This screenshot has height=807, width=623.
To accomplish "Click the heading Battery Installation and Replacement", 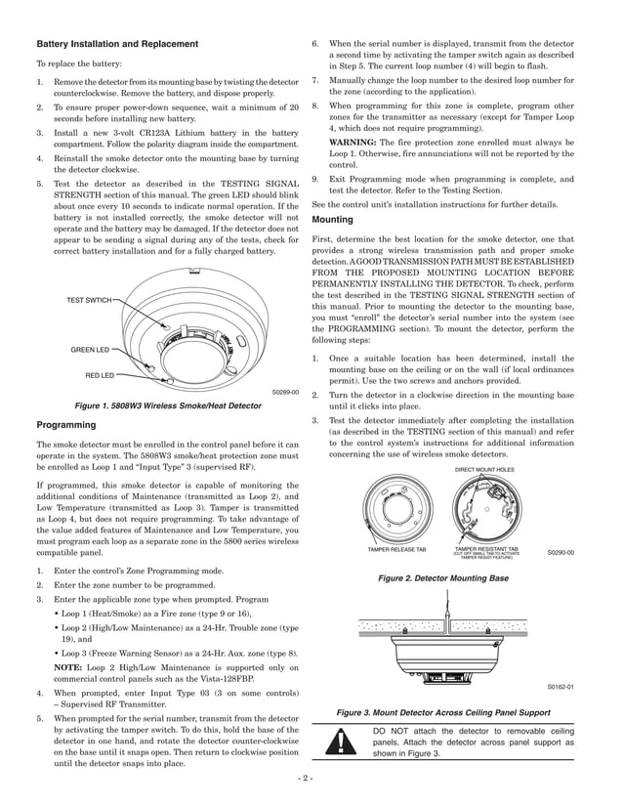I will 117,44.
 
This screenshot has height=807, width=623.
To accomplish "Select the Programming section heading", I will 66,425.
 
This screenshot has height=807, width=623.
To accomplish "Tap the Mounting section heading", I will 333,220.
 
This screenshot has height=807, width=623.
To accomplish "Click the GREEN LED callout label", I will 89,349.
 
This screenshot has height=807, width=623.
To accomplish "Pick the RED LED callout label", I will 99,374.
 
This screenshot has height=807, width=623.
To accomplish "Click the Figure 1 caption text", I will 167,405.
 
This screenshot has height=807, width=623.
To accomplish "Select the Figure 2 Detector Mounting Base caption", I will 442,578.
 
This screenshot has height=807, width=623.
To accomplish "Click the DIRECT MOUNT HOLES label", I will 485,470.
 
